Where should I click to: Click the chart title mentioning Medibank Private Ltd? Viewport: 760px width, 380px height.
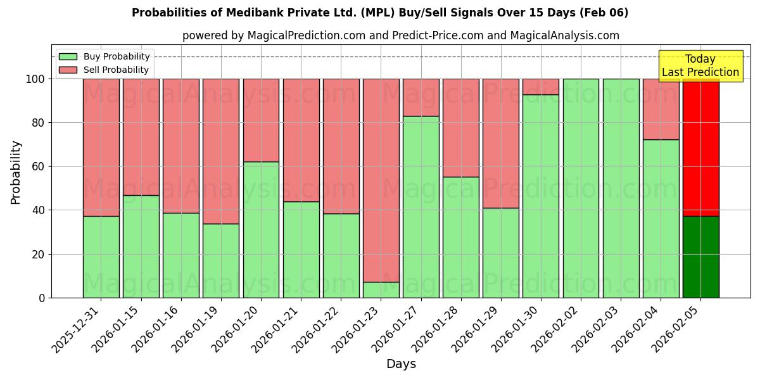point(380,13)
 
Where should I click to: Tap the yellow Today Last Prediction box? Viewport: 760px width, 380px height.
point(700,66)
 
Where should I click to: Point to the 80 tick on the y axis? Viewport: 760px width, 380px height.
point(39,123)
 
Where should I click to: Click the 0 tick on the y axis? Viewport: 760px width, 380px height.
point(42,298)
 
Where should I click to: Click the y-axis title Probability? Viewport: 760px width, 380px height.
point(16,172)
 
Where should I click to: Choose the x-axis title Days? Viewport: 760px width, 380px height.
point(401,364)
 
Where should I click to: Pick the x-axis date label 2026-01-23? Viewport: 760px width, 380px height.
point(357,329)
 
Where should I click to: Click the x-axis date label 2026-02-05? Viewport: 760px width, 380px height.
point(677,329)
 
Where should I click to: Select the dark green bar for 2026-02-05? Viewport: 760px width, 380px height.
point(700,256)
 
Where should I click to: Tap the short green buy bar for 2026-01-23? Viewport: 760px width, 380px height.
point(381,290)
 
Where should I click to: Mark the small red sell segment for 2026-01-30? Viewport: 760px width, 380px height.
point(541,87)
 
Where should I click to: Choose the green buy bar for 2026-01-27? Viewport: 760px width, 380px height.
point(421,206)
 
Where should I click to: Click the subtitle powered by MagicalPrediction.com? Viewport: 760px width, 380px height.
point(400,35)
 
